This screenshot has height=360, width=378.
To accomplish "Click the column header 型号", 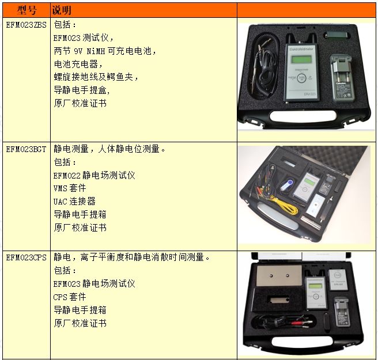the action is (x=27, y=10).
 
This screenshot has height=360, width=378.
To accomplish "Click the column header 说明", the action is (x=62, y=10).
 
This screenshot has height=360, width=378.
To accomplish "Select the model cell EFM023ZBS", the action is (x=27, y=25).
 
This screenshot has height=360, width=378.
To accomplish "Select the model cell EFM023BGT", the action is (x=27, y=150).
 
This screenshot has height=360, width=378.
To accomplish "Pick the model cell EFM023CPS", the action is (x=27, y=258).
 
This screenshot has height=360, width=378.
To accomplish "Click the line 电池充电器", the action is (x=78, y=64).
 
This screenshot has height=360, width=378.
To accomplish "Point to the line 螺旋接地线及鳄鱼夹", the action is (x=96, y=77).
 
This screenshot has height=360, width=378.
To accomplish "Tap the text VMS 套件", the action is (x=70, y=188).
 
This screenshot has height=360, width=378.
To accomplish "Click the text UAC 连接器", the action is (x=74, y=201).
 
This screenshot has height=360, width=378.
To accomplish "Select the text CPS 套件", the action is (x=70, y=297).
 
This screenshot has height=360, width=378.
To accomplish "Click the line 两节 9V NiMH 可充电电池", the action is (x=105, y=51).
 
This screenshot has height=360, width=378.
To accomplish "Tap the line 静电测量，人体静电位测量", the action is (x=109, y=149).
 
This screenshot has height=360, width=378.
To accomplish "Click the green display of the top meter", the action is (x=301, y=59).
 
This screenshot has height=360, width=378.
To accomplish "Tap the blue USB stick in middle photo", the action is (x=287, y=185).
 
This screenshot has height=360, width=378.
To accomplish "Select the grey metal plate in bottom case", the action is (x=279, y=275).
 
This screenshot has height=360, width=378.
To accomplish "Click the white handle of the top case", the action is (x=303, y=116).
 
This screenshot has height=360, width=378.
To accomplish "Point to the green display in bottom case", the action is (x=316, y=286).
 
